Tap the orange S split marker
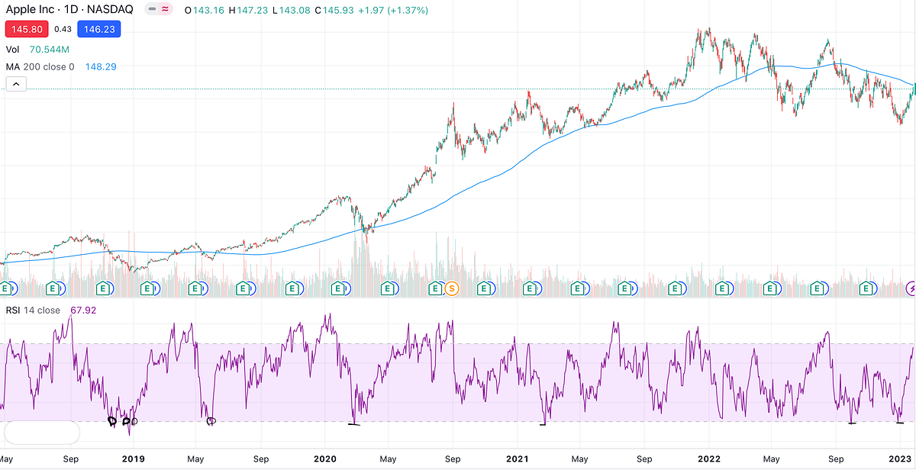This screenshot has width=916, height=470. pos(451,288)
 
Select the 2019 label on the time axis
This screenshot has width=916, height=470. pos(133,459)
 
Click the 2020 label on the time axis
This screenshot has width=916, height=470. pos(324,459)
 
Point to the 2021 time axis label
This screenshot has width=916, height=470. pos(517,459)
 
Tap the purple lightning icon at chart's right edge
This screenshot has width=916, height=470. pos(911,288)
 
